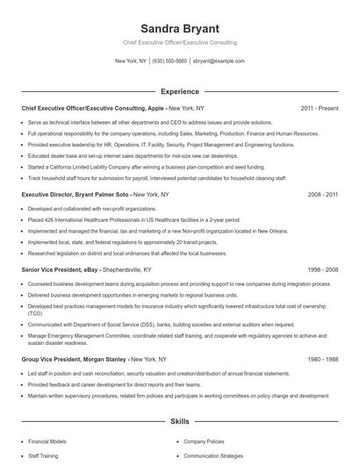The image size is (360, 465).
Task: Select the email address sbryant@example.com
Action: (x=218, y=61)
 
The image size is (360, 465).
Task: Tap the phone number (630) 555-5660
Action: (x=169, y=61)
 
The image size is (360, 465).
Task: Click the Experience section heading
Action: (x=179, y=90)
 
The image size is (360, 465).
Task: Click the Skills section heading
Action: (x=179, y=422)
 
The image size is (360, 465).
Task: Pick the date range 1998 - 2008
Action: (x=320, y=271)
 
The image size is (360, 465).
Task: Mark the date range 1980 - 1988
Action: (x=320, y=360)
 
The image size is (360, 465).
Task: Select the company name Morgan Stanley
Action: (x=97, y=360)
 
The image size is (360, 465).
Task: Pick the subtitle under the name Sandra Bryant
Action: (x=179, y=42)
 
